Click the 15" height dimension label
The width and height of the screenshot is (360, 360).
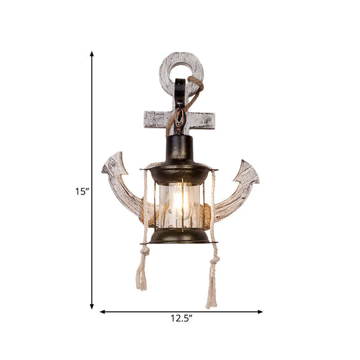coord(81,192)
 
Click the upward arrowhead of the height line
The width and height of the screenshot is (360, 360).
coord(92,53)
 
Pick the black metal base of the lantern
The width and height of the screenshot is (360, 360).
coord(178,235)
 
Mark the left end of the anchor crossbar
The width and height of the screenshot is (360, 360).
coord(150,120)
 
